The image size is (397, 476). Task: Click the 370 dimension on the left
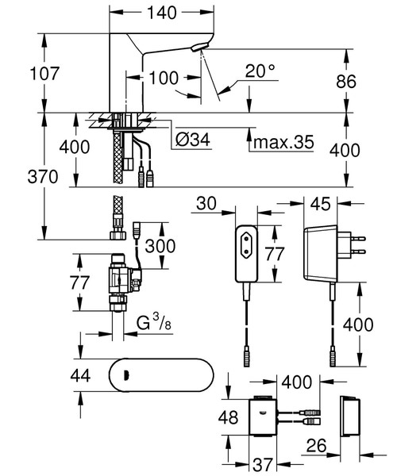[x=21, y=177]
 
